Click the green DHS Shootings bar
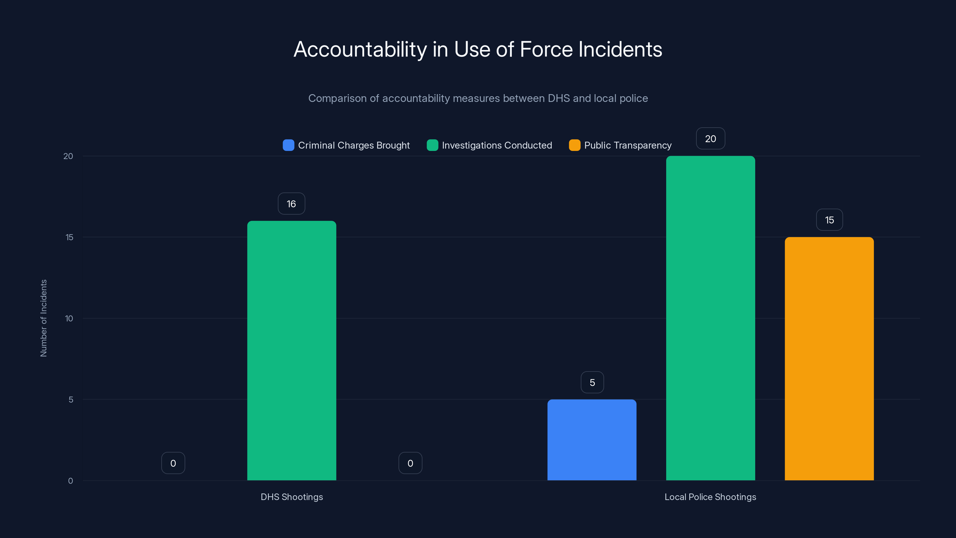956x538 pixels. point(292,351)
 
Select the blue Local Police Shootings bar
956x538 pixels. point(592,440)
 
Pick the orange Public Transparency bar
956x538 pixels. point(829,359)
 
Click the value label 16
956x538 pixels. point(291,204)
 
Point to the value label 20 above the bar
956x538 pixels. point(710,139)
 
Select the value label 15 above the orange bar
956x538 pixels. point(829,220)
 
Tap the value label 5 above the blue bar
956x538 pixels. point(592,383)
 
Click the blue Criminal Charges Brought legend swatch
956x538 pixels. point(288,145)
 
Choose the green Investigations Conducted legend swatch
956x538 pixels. point(432,145)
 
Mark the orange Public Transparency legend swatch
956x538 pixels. point(574,145)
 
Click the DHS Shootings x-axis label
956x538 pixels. point(292,497)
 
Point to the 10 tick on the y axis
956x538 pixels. point(69,319)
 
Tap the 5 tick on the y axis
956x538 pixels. point(71,400)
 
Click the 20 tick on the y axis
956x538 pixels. point(68,156)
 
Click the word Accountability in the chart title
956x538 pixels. point(360,49)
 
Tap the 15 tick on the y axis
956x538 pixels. point(69,237)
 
